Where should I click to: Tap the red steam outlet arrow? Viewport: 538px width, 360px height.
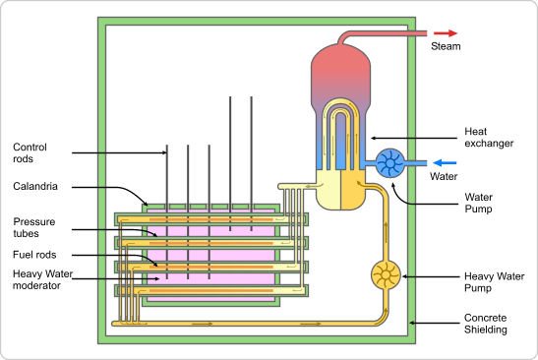click(x=448, y=31)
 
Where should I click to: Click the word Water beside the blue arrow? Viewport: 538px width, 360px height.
click(x=446, y=178)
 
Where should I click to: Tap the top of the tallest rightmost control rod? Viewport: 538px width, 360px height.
click(x=253, y=97)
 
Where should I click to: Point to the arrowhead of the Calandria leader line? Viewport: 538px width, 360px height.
click(x=148, y=203)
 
